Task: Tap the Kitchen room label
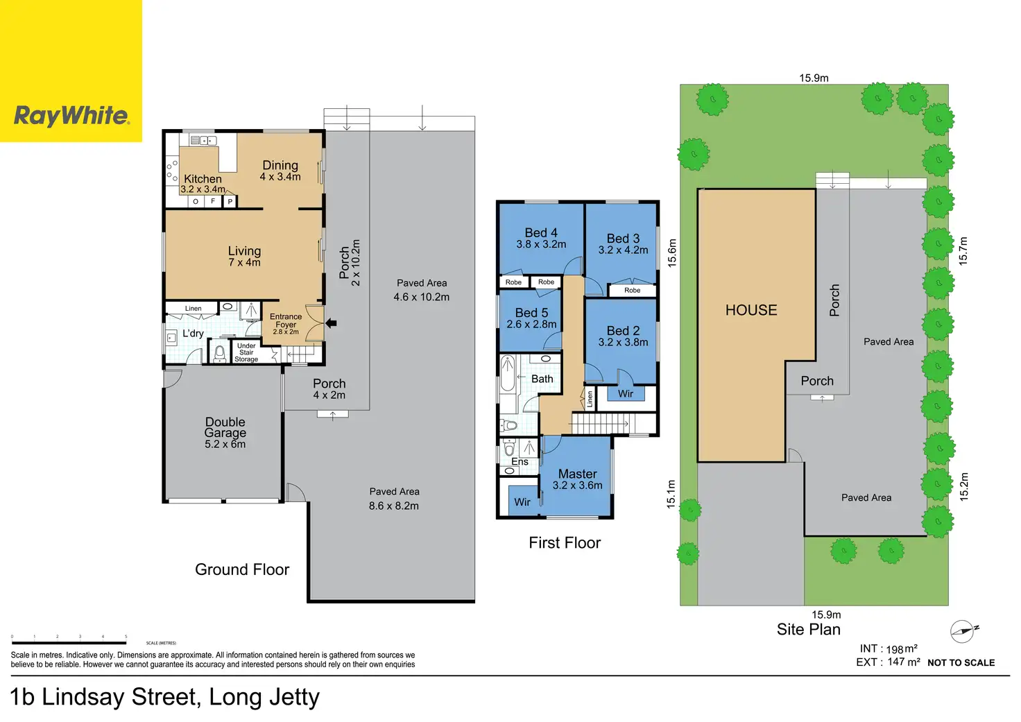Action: tap(203, 179)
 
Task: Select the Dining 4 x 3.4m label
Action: tap(280, 171)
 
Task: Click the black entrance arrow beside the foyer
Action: tap(332, 323)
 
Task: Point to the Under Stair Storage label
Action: tap(247, 352)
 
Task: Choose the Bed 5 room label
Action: tap(531, 313)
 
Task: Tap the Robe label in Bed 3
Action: tap(632, 291)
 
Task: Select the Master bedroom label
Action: tap(578, 474)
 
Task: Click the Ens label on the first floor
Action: tap(520, 462)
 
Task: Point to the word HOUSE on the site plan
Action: tap(751, 311)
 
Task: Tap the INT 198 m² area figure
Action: tap(889, 648)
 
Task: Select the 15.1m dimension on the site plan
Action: tap(671, 494)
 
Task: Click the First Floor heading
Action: tap(565, 543)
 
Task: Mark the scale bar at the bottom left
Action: tap(69, 643)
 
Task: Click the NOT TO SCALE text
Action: tap(961, 663)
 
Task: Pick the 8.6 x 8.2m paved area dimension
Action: tap(394, 506)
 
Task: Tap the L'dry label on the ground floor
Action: tap(193, 333)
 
